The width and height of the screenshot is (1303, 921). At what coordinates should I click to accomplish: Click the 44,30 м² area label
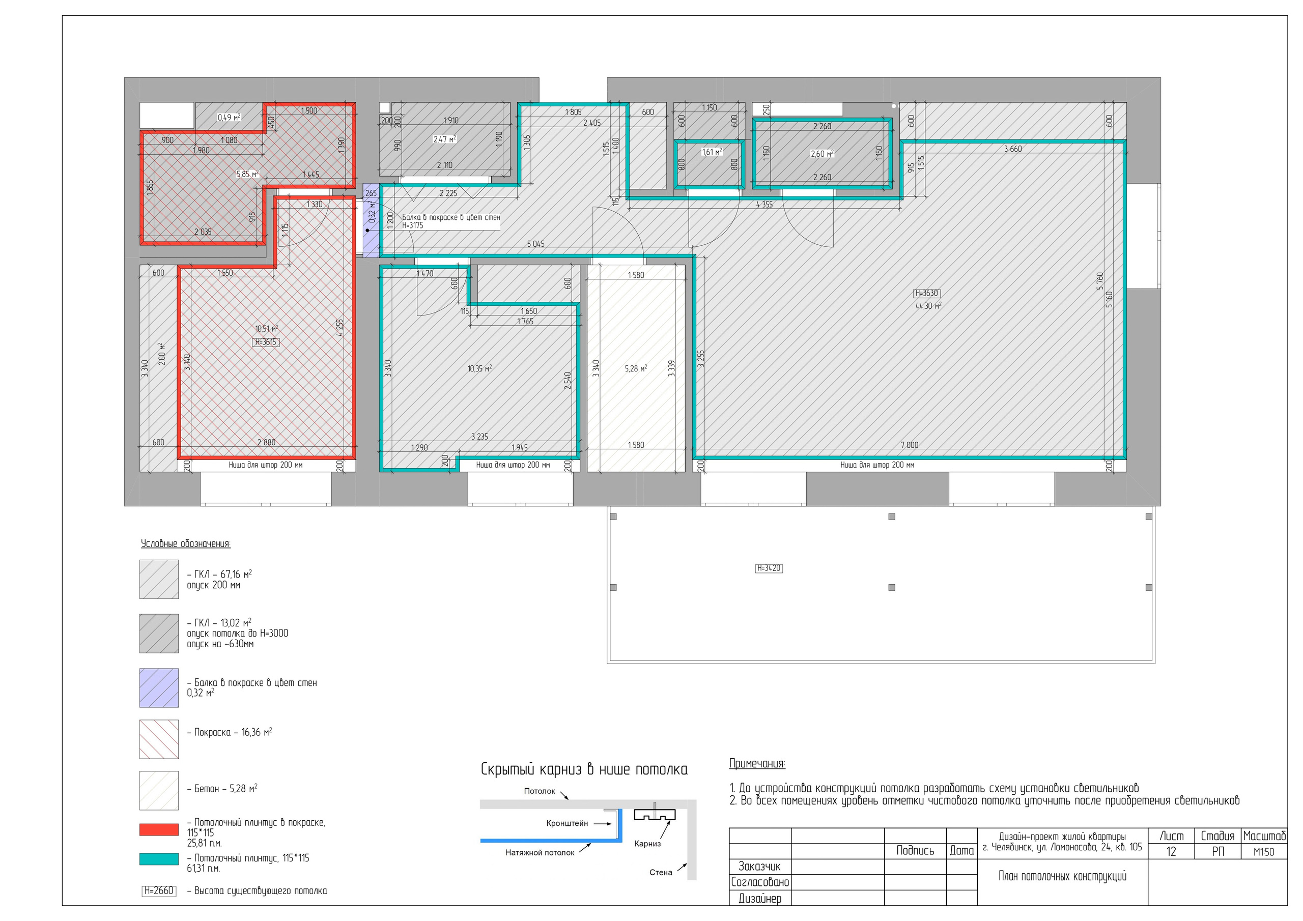(x=928, y=306)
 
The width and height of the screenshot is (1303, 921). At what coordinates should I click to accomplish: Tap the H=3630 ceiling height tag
(x=926, y=294)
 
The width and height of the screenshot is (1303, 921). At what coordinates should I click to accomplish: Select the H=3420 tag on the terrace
(x=769, y=568)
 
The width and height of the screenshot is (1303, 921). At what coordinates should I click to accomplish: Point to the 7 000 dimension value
(x=909, y=445)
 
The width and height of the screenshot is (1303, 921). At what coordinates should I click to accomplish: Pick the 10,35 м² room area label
(x=479, y=368)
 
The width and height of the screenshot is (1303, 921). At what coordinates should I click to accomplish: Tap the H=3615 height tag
(x=266, y=342)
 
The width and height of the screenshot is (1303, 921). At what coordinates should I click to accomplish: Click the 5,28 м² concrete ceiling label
(x=636, y=368)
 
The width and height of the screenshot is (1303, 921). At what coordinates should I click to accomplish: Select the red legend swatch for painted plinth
(x=159, y=829)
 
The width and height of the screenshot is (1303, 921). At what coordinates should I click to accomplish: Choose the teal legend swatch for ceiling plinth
(x=159, y=859)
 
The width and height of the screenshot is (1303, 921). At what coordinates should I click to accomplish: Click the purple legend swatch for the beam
(x=159, y=688)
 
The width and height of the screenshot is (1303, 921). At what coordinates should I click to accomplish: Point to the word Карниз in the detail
(x=647, y=844)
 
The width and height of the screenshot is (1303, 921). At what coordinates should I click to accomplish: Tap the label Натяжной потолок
(x=540, y=852)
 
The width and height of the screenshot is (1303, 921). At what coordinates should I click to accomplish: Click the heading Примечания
(x=757, y=764)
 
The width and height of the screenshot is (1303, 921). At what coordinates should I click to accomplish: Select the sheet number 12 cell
(x=1171, y=852)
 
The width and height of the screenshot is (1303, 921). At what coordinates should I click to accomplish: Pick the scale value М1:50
(x=1264, y=852)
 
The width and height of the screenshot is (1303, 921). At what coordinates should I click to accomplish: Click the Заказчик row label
(x=759, y=867)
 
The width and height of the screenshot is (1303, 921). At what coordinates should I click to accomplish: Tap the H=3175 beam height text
(x=413, y=225)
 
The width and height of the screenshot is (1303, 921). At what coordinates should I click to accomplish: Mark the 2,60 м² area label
(x=822, y=154)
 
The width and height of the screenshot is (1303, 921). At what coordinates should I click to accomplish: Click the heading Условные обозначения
(x=186, y=543)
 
